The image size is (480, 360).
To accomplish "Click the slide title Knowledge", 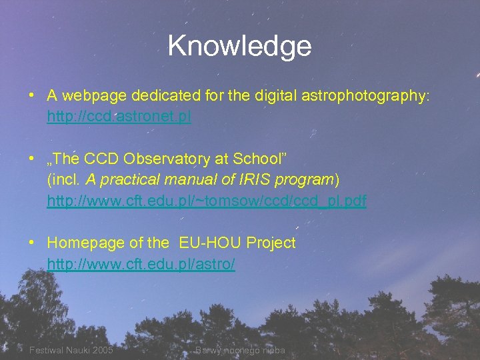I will [239, 46].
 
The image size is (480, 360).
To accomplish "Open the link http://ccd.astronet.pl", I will [119, 117].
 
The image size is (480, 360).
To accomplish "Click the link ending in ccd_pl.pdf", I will [207, 201].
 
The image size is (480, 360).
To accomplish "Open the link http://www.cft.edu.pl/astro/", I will [141, 265].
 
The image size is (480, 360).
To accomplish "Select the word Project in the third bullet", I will [271, 243].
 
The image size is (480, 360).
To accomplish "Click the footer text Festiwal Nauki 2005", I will [71, 350].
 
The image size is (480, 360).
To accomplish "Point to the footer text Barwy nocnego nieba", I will [239, 350].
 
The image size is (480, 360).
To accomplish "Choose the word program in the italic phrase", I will [310, 180].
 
